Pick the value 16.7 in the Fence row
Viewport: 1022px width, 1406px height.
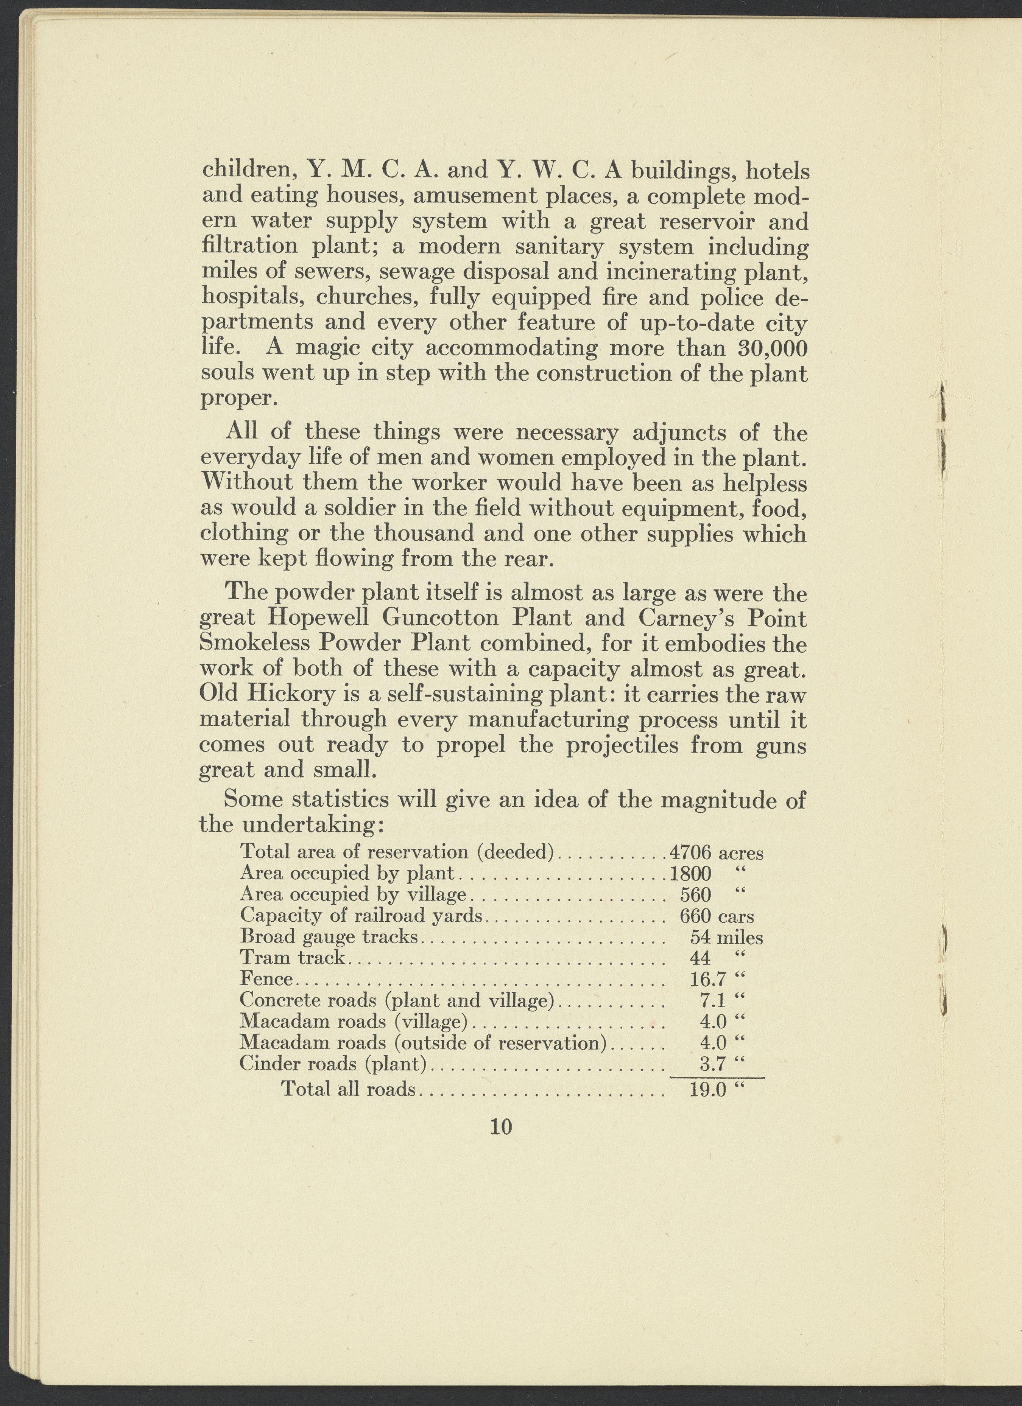click(707, 980)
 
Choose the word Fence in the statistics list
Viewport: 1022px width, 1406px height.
click(265, 980)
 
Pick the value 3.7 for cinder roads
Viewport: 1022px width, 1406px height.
click(712, 1064)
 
